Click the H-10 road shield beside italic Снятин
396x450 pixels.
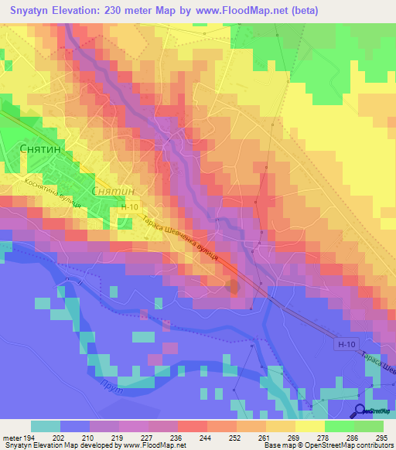point(130,207)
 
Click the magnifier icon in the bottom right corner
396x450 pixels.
point(360,411)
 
